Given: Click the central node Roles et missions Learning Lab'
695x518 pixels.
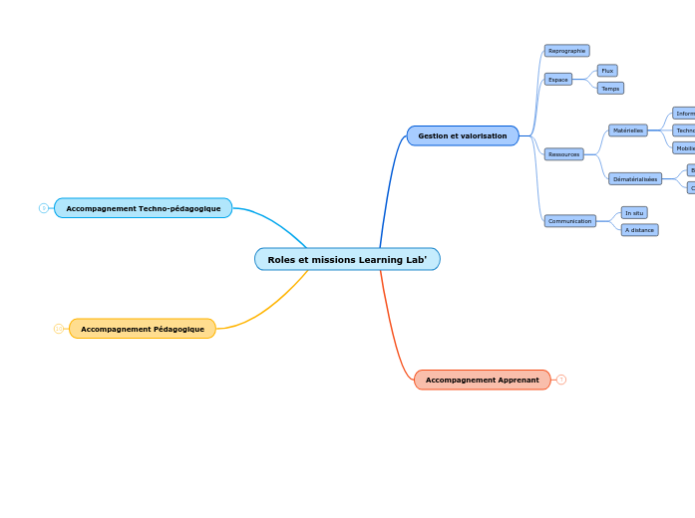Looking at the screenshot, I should [347, 260].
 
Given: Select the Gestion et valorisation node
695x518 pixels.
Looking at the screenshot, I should [463, 135].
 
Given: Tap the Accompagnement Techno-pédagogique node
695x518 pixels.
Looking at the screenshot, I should [144, 208].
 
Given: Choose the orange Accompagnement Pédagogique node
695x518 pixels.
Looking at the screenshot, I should [143, 329].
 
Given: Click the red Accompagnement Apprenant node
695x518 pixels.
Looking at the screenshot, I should [482, 380].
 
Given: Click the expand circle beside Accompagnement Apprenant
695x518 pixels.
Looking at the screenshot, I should [561, 380].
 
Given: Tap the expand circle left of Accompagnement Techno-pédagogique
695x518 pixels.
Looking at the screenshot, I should [44, 208].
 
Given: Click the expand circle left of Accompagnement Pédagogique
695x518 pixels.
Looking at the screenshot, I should [59, 329].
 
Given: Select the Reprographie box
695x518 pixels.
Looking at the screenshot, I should [566, 51].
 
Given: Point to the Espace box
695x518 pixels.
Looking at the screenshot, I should [558, 80].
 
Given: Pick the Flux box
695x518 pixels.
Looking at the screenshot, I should [607, 71].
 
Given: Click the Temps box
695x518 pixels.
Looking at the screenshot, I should [610, 89].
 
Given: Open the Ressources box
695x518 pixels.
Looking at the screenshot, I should [563, 154].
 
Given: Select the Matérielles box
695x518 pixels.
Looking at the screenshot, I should [628, 130].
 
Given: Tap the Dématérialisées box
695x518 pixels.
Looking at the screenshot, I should [635, 179].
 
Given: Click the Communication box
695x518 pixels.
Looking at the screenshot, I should [570, 221].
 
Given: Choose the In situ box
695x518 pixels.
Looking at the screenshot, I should [634, 213].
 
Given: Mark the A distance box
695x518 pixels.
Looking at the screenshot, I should [639, 230].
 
